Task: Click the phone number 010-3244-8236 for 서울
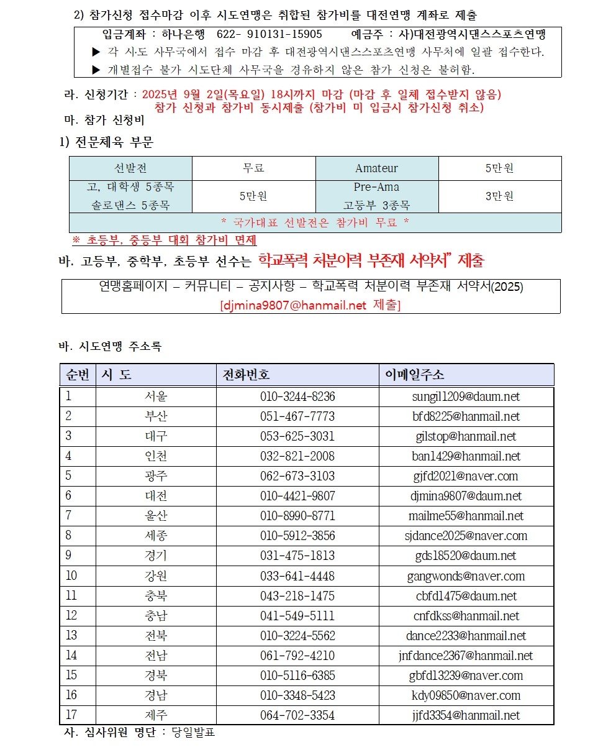coord(297,396)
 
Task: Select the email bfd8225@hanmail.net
coord(466,416)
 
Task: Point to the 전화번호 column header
coord(247,375)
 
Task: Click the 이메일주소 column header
coord(414,375)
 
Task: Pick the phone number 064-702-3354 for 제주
coord(297,715)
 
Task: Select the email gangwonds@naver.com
coord(466,576)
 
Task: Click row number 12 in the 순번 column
coord(71,616)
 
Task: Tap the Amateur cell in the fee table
coord(376,168)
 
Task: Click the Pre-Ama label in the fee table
coord(376,187)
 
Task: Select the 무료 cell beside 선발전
coord(253,168)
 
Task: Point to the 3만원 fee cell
coord(499,196)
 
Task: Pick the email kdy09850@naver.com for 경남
coord(466,695)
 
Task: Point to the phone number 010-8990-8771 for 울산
coord(297,516)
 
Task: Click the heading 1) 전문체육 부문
coord(106,142)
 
